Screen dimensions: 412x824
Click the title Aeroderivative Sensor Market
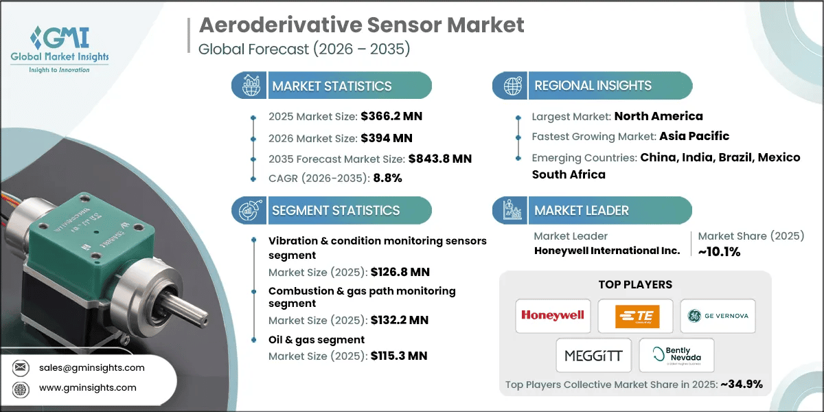361,25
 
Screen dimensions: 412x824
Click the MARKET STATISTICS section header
332,86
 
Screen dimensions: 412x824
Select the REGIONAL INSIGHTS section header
593,86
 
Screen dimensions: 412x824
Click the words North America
658,116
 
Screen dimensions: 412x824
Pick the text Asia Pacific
694,136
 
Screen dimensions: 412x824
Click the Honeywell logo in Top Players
552,315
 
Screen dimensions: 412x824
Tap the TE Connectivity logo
635,315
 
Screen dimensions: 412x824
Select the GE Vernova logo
718,315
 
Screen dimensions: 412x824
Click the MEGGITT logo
593,355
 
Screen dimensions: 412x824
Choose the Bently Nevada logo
676,355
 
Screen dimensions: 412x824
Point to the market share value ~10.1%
719,252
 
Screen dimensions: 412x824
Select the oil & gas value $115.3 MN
398,356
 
